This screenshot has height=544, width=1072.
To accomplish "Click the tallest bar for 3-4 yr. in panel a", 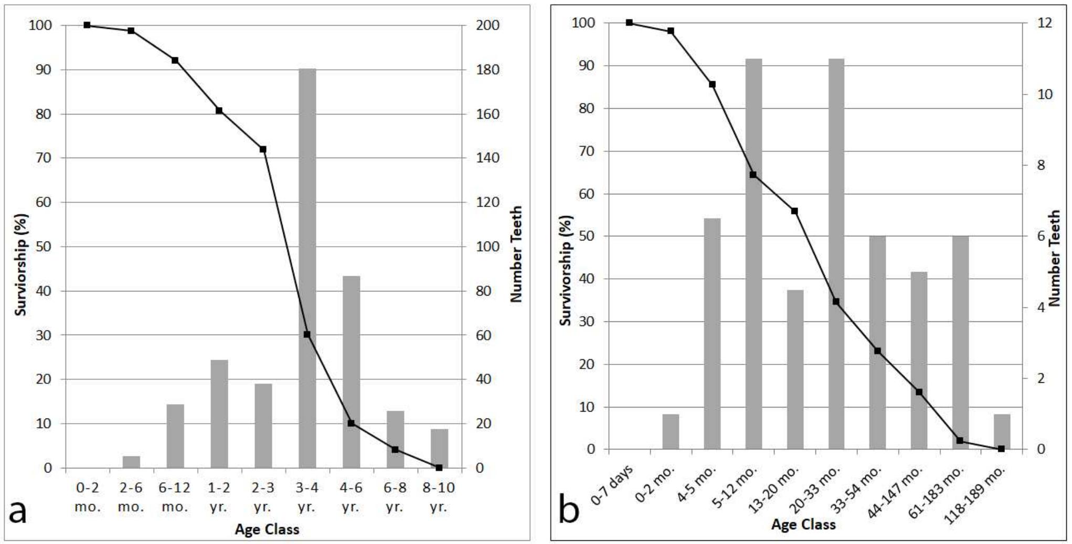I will pyautogui.click(x=307, y=268).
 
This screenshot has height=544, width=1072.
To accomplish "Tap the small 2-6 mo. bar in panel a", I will pyautogui.click(x=131, y=462).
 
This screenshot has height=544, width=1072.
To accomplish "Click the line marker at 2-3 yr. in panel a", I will pyautogui.click(x=263, y=150).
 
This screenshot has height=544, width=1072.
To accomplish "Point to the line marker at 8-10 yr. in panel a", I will pyautogui.click(x=439, y=467).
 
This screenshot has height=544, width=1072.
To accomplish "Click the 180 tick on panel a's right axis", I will pyautogui.click(x=487, y=70).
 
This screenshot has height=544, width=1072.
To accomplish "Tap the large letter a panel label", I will pyautogui.click(x=19, y=512).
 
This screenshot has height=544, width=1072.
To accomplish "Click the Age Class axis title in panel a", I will pyautogui.click(x=267, y=529).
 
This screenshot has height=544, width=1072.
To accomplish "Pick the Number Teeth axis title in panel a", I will pyautogui.click(x=517, y=254).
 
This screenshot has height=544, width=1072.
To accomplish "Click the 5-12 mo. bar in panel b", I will pyautogui.click(x=753, y=254).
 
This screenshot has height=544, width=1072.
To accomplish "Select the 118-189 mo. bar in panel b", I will pyautogui.click(x=1001, y=432).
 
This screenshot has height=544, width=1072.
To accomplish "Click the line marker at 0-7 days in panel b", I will pyautogui.click(x=629, y=23).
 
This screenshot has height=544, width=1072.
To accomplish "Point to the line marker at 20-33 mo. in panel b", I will pyautogui.click(x=836, y=301).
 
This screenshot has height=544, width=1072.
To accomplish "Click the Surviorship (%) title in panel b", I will pyautogui.click(x=565, y=270).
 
